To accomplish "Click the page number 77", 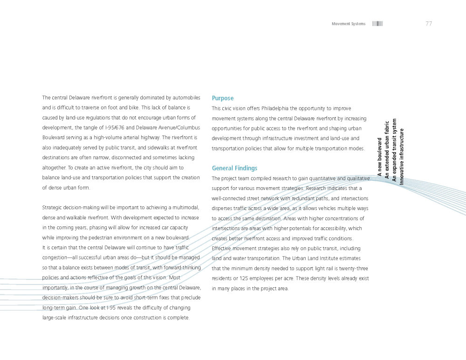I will click(429, 24).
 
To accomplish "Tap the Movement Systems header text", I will click(349, 24).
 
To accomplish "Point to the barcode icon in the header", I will click(377, 24).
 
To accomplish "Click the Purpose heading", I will click(223, 98).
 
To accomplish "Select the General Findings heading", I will click(234, 168).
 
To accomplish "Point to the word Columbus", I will click(187, 128).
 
